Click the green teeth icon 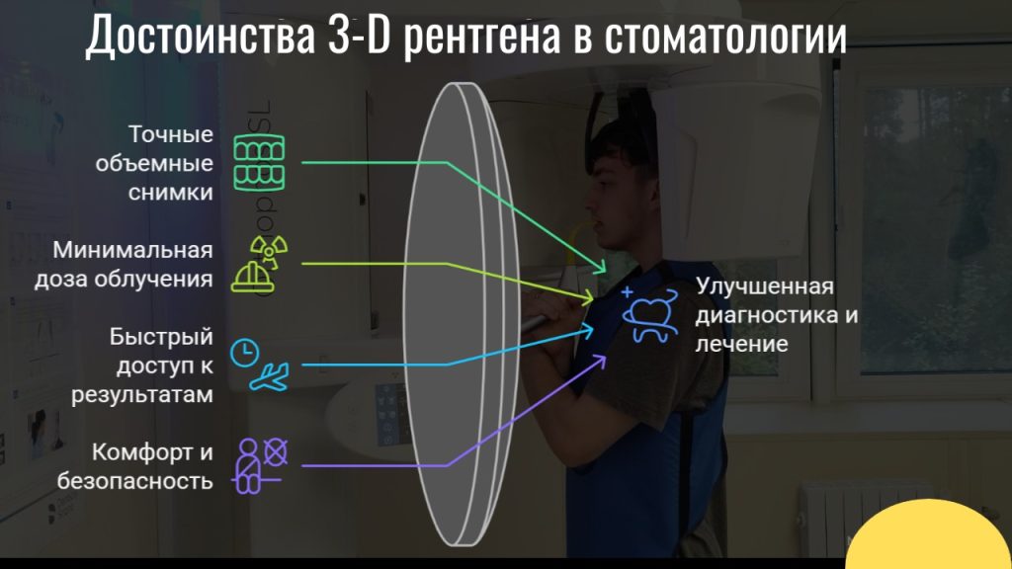[x=257, y=161]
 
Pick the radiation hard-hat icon [x=256, y=264]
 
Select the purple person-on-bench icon [x=259, y=464]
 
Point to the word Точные [x=170, y=132]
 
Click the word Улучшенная [x=765, y=287]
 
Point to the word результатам [x=141, y=395]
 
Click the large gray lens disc [x=463, y=306]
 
